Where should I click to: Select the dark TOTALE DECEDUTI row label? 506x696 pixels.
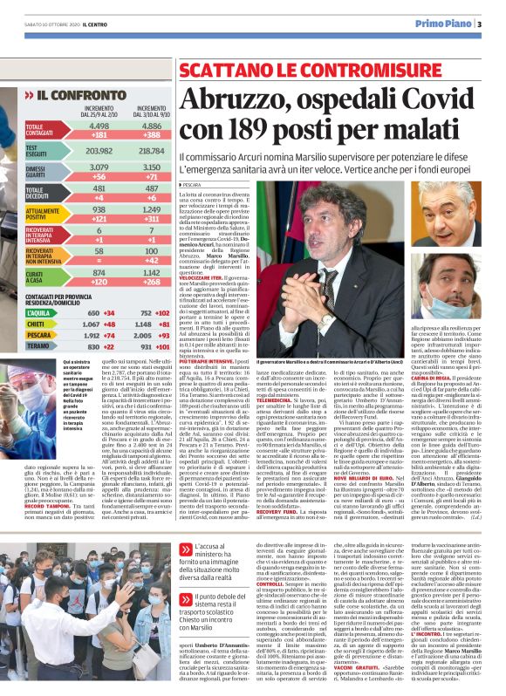click(38, 192)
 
